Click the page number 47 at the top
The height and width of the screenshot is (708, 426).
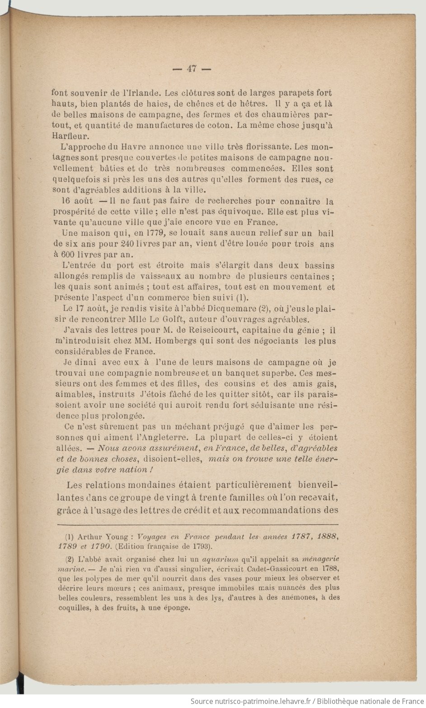(x=192, y=69)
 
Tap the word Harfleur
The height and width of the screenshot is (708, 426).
(x=70, y=136)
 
